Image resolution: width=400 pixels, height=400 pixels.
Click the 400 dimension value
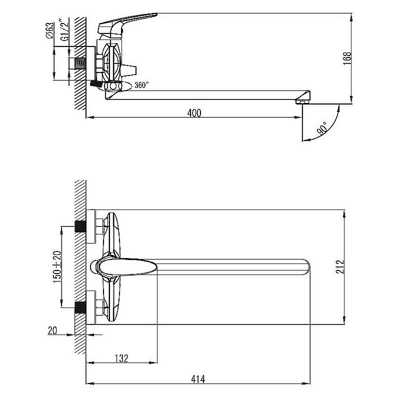(194, 113)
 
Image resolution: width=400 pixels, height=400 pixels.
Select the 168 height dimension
(347, 58)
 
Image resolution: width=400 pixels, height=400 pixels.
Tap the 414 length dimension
(198, 379)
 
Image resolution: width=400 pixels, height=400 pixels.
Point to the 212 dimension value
(340, 267)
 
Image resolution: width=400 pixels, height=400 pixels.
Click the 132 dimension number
(121, 358)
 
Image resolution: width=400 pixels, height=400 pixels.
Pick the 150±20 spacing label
(57, 267)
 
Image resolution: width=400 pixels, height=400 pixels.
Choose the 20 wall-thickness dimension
(52, 330)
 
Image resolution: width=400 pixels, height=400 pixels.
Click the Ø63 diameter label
(50, 30)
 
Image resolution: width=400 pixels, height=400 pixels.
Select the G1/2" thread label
(65, 30)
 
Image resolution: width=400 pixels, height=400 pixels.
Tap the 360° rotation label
(141, 85)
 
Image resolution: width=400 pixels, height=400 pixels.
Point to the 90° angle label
(322, 128)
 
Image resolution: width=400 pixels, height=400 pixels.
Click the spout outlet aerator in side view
(302, 102)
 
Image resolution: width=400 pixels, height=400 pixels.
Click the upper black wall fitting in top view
(80, 226)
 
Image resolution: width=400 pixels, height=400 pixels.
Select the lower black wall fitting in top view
(80, 307)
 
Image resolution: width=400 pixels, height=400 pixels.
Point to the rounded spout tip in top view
(305, 267)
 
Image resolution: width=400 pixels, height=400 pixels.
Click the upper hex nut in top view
(100, 226)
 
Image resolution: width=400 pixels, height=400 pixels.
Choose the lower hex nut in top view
(100, 307)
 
